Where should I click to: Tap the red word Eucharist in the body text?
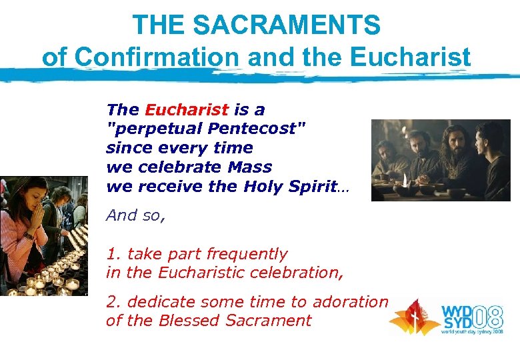187,109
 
